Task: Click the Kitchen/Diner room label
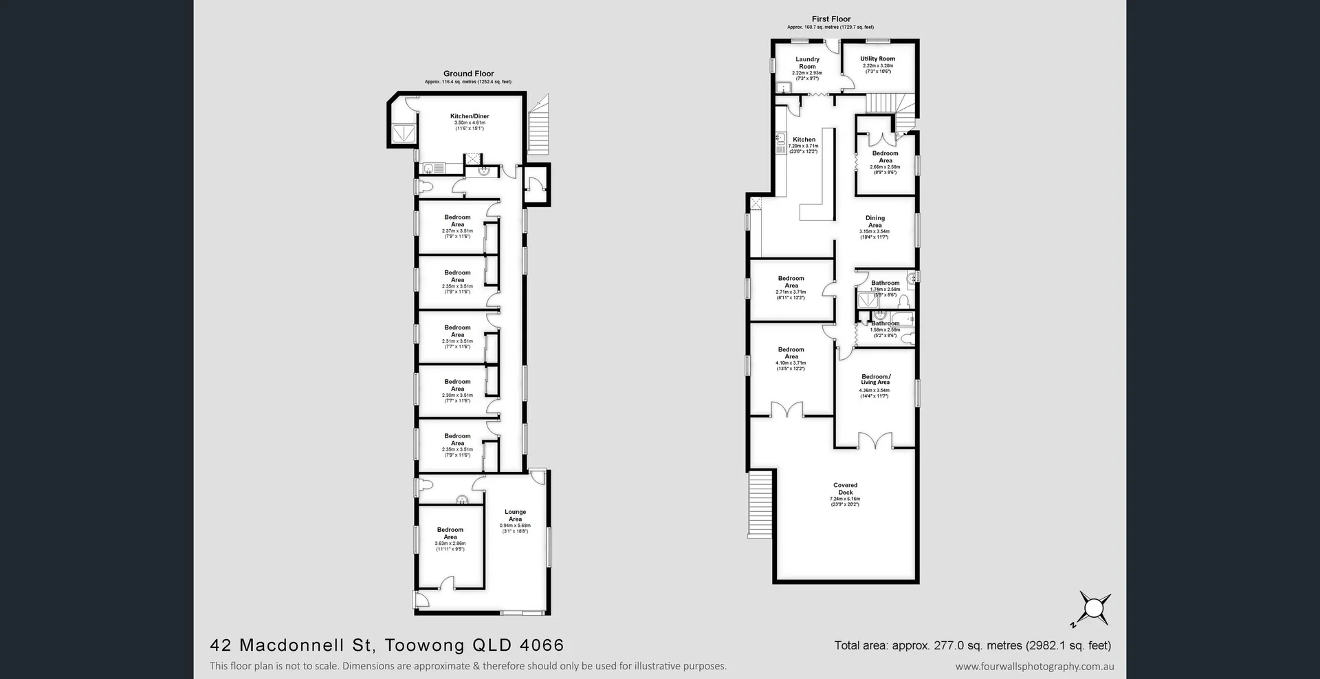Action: [470, 116]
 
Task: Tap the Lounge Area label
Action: [515, 515]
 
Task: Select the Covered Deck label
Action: [845, 488]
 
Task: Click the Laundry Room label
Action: [807, 63]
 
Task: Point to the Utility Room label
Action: [878, 58]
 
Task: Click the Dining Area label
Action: [874, 222]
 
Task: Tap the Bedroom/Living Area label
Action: [875, 379]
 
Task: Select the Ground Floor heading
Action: [468, 74]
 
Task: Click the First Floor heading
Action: [830, 19]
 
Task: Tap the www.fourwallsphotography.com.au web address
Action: [1034, 666]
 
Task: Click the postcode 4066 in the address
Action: [542, 645]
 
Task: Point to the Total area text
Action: [972, 645]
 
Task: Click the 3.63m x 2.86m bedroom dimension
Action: [450, 543]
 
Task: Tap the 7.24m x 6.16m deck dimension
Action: [845, 499]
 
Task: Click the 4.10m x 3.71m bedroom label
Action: [791, 353]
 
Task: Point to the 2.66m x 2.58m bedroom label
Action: [885, 157]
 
